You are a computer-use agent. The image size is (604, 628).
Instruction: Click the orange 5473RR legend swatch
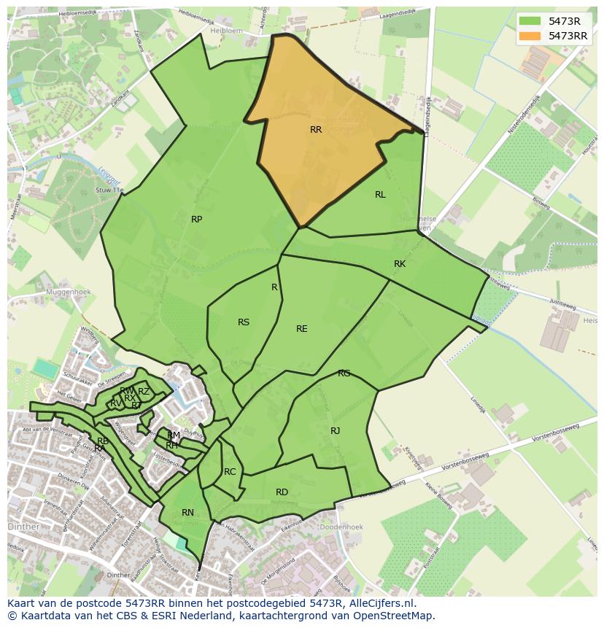[530, 36]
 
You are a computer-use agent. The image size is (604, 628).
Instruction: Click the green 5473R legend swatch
[530, 20]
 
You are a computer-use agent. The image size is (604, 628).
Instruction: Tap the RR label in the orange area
[316, 130]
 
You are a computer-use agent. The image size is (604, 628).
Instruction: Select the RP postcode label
[196, 220]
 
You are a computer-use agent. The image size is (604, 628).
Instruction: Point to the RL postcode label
[380, 195]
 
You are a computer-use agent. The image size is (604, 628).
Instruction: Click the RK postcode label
[400, 264]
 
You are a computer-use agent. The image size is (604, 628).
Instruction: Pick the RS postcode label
[244, 322]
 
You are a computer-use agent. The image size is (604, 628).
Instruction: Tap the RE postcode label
[301, 329]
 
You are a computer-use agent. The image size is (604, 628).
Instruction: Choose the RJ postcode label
[335, 431]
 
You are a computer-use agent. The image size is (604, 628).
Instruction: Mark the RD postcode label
[282, 492]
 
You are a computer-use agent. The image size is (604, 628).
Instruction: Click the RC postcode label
[230, 472]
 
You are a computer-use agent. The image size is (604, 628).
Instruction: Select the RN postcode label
[187, 513]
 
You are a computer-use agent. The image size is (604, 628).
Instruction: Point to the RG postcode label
[344, 373]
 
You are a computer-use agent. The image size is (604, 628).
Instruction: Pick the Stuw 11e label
[109, 190]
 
